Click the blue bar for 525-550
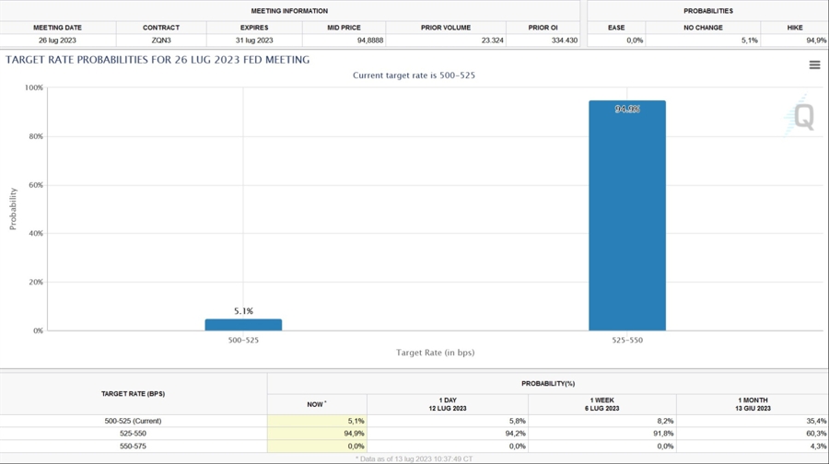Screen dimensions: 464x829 626,215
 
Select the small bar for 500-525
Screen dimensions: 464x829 243,325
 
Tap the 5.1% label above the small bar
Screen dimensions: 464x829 243,311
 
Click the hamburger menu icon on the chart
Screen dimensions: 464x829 814,64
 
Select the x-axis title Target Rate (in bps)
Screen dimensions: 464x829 435,353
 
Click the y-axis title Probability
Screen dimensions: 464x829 13,209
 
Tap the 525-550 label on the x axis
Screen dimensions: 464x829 626,340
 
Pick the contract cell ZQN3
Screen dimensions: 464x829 161,41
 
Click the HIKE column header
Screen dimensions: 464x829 794,28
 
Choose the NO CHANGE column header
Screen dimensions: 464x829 703,28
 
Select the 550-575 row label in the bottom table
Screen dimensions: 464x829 133,447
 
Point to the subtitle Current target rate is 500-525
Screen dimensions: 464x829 414,75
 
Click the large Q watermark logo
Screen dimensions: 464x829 801,117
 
